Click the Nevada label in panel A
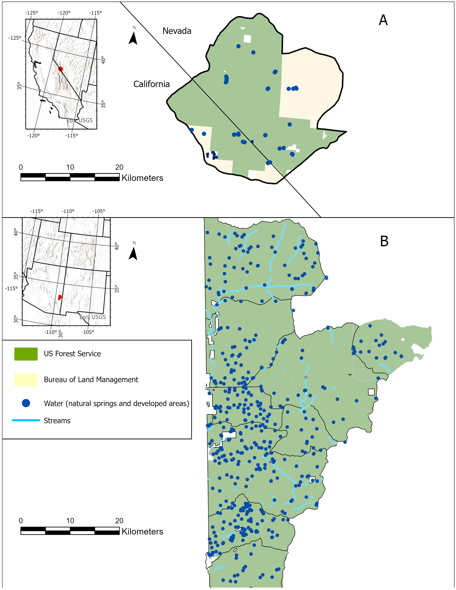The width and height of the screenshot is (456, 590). (x=177, y=31)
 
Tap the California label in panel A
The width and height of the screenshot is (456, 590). (x=151, y=84)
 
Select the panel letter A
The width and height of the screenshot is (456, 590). (x=383, y=20)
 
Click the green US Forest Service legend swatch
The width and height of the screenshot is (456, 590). (x=26, y=354)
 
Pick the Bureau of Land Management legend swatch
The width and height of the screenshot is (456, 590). (x=26, y=380)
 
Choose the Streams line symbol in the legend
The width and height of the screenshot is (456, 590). (x=26, y=420)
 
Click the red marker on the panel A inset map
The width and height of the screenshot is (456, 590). (x=60, y=69)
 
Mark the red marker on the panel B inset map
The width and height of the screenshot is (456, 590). (x=60, y=297)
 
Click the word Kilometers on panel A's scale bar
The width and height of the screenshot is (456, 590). (x=142, y=178)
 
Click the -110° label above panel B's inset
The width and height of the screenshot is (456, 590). (x=68, y=211)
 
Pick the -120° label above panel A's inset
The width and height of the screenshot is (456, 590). (x=64, y=13)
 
